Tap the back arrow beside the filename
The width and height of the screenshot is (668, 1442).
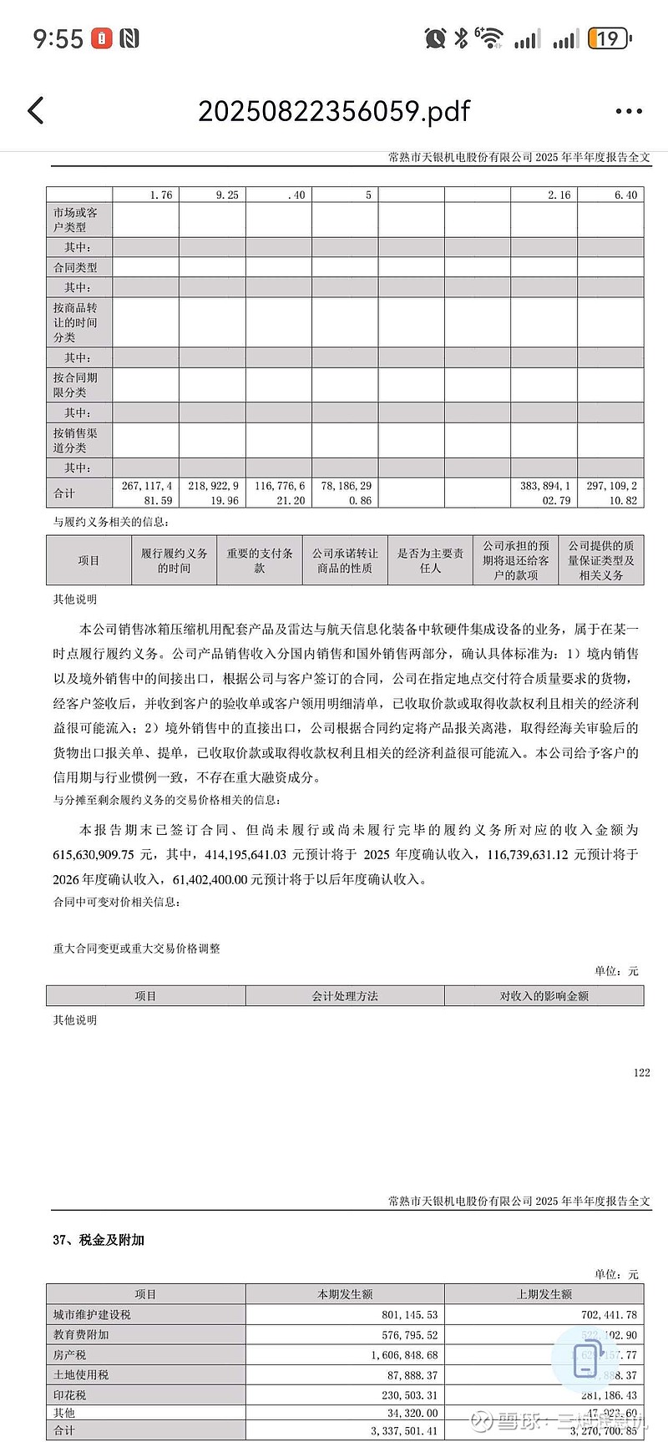(36, 110)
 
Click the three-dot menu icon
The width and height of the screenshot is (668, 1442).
(628, 111)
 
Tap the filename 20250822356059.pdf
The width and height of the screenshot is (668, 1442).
(334, 111)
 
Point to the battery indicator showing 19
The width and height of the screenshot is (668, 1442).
(609, 38)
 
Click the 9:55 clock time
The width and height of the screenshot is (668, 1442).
(58, 38)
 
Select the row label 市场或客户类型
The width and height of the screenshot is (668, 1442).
(76, 220)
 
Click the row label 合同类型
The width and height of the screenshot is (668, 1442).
(76, 267)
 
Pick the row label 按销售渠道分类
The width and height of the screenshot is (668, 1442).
(76, 440)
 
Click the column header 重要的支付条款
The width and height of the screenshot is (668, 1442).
(260, 560)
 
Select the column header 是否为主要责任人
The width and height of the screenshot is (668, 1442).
(430, 560)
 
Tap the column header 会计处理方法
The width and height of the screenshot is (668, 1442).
(345, 995)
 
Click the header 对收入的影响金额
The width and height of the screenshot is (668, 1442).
(544, 995)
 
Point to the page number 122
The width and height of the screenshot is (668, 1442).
(641, 1072)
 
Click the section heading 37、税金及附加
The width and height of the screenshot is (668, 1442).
(99, 1240)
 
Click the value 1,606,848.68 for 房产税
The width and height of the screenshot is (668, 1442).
(404, 1354)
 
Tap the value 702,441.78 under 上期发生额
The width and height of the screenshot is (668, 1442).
(609, 1314)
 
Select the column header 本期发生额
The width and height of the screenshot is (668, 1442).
(345, 1294)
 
